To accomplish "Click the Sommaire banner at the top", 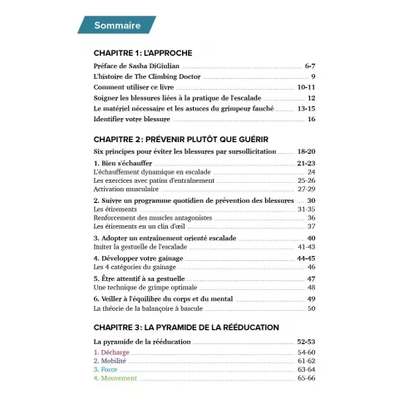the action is click(116, 26).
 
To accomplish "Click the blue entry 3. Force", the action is click(107, 370).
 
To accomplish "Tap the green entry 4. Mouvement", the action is click(117, 378).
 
